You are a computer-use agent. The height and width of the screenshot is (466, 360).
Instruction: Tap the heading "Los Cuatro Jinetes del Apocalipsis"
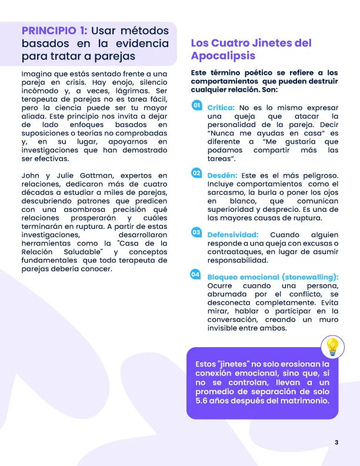pos(251,49)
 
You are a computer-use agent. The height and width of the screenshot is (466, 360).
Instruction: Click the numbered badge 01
pos(196,106)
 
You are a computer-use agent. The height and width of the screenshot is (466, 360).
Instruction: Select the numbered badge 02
pos(196,174)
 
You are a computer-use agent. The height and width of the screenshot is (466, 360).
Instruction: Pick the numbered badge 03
pos(196,232)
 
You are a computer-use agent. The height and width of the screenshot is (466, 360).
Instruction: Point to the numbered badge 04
pos(196,275)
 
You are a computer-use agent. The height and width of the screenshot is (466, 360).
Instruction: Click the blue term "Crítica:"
pos(221,108)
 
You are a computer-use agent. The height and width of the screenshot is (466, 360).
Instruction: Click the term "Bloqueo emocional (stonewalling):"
pos(273,277)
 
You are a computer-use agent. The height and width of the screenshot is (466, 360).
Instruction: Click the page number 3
pos(336,442)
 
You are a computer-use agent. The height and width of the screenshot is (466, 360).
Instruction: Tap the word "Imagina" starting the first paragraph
pos(36,74)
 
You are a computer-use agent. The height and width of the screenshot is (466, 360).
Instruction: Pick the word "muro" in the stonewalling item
pos(328,319)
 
